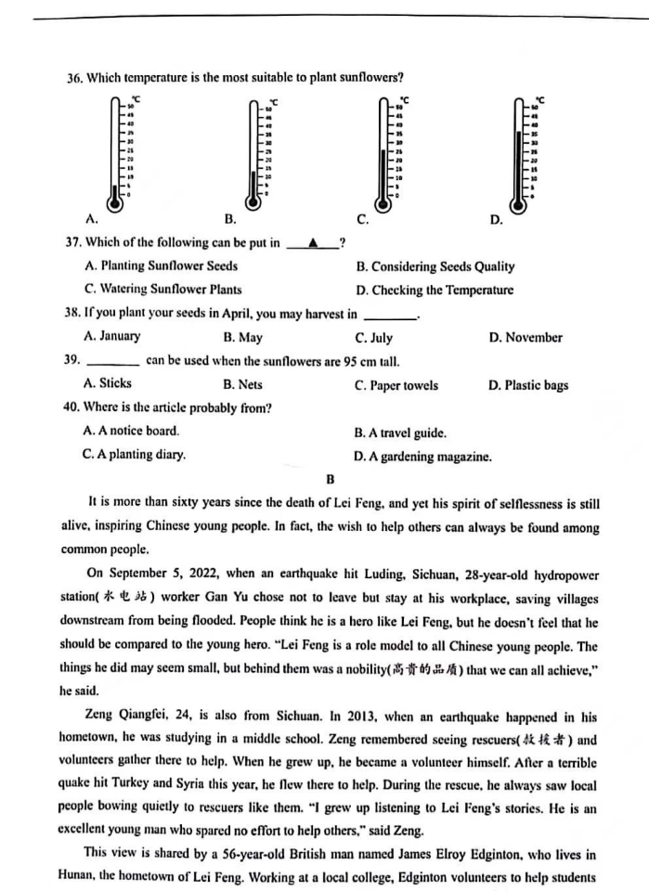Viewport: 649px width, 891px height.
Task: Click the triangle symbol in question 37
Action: pos(313,243)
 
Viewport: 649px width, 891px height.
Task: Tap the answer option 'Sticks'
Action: pos(115,383)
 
